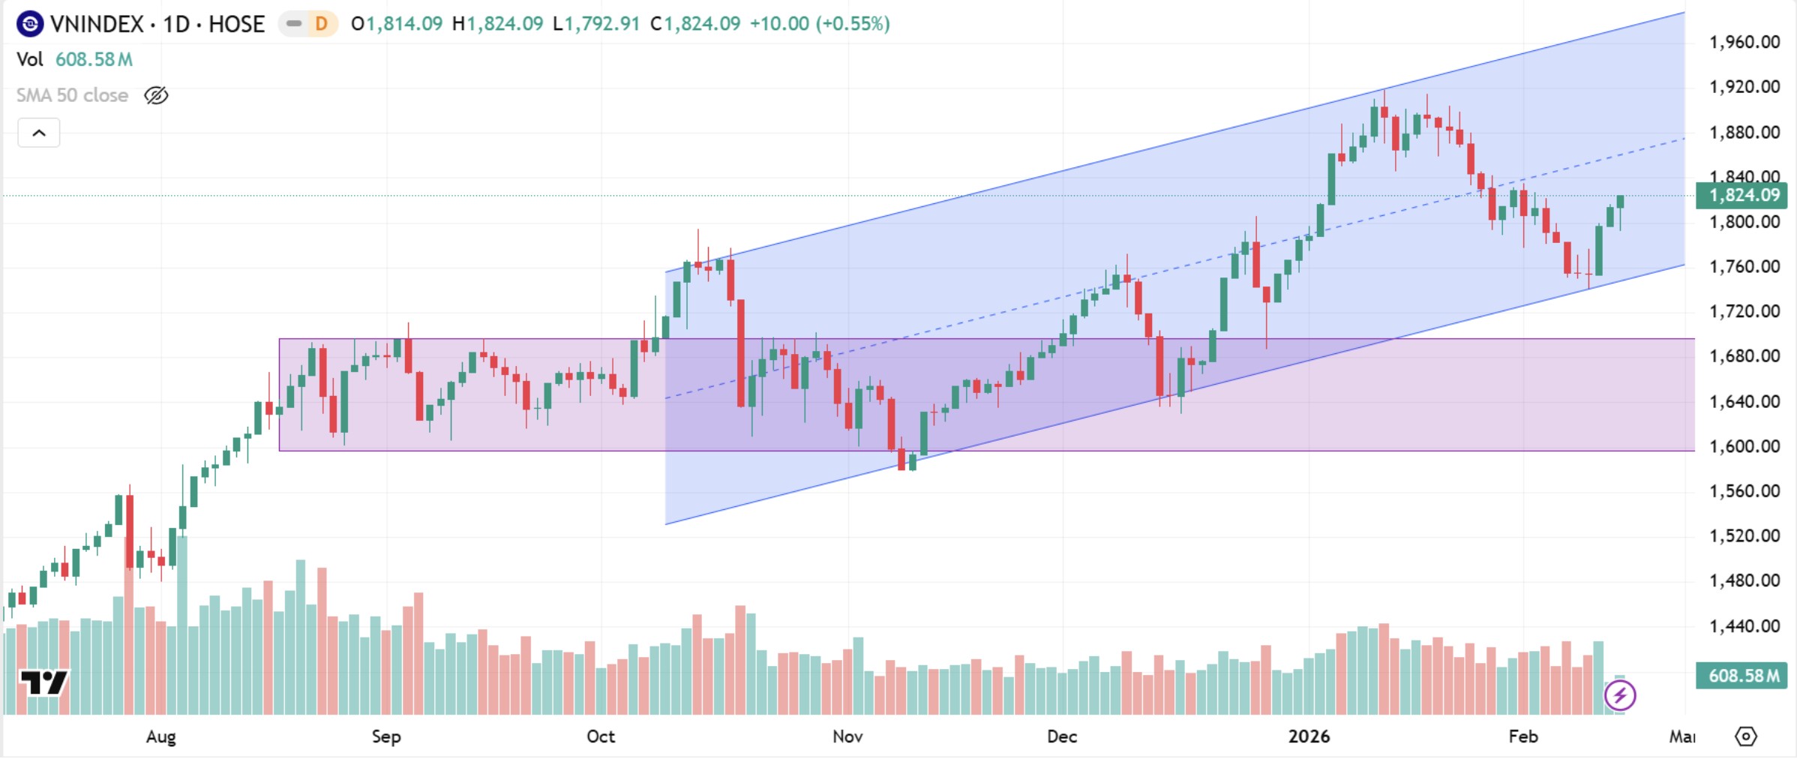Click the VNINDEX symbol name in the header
(x=97, y=24)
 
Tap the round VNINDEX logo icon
(x=30, y=24)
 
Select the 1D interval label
(x=176, y=24)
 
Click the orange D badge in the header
(x=321, y=24)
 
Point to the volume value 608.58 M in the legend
(x=94, y=59)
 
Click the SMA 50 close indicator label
(x=72, y=95)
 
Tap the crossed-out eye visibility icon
(x=156, y=95)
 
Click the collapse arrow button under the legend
(x=39, y=133)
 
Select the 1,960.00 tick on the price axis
(x=1744, y=42)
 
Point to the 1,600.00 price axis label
(x=1744, y=446)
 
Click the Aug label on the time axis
(x=160, y=736)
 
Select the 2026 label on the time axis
(x=1309, y=736)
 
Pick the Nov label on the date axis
(x=847, y=736)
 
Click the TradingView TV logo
(x=43, y=682)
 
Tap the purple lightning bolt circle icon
(x=1620, y=695)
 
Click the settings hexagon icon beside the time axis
(x=1746, y=736)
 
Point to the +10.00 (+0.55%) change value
(x=820, y=24)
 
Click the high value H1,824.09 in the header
(x=497, y=24)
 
